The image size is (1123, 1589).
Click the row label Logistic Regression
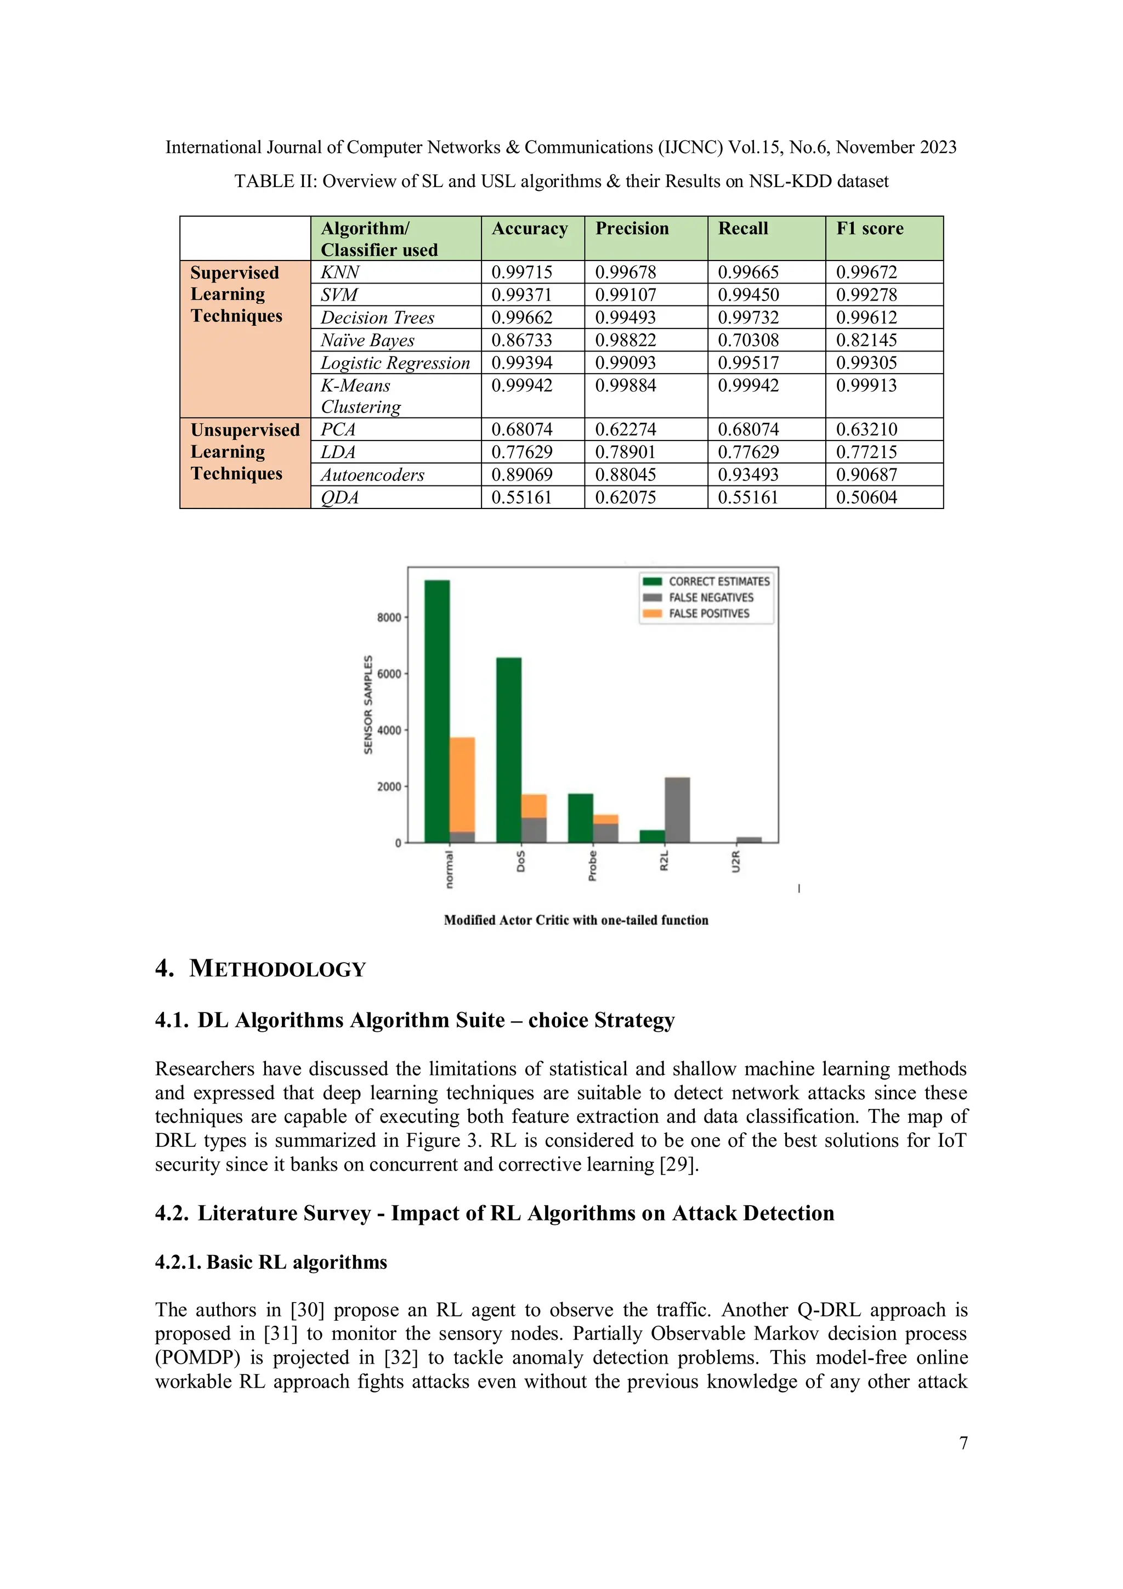click(395, 363)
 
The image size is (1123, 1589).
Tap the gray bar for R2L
click(677, 809)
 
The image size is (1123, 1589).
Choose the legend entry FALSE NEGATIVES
click(710, 597)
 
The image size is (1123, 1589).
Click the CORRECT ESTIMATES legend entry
click(718, 581)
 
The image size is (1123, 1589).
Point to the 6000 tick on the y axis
click(389, 674)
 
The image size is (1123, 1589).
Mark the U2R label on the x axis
click(736, 862)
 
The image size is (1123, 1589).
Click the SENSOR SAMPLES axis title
click(368, 704)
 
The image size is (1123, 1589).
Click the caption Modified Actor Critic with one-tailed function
click(576, 920)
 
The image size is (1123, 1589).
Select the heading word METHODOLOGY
click(277, 969)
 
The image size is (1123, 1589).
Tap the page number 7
click(963, 1443)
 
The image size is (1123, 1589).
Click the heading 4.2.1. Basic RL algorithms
click(270, 1262)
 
